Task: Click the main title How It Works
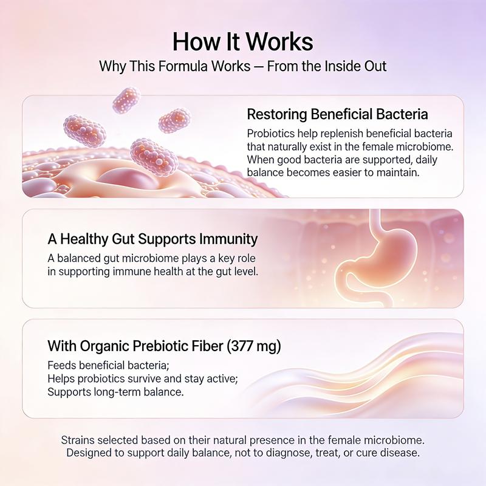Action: [x=243, y=42]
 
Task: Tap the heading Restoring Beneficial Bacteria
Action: [x=337, y=114]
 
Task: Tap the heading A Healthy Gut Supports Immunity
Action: [x=152, y=239]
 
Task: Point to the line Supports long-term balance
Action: [x=115, y=392]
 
